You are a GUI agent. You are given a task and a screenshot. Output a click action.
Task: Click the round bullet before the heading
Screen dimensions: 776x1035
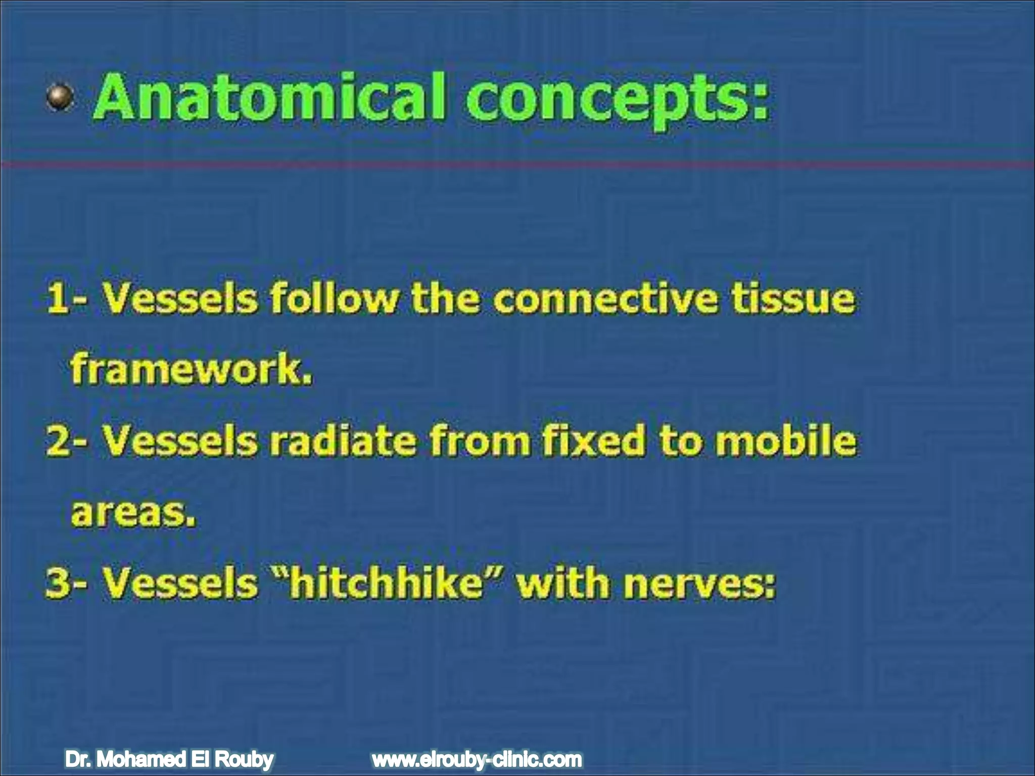click(x=61, y=97)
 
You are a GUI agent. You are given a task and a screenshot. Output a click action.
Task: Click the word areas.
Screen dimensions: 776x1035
click(x=133, y=513)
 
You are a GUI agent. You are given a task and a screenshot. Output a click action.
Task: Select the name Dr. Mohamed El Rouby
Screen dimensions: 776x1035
click(x=169, y=759)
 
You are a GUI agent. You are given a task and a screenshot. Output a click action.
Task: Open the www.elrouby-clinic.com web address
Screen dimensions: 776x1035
click(x=477, y=759)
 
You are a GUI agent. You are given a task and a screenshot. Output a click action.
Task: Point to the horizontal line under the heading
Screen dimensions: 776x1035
click(x=517, y=164)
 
